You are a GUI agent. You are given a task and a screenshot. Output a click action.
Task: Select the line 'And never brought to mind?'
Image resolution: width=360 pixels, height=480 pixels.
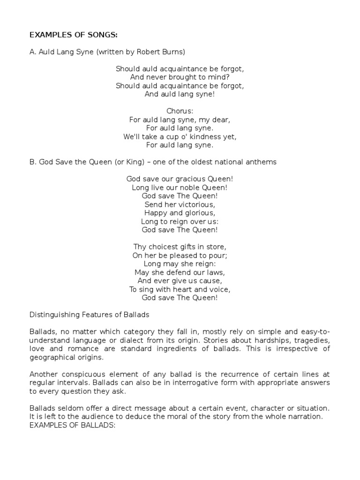180,77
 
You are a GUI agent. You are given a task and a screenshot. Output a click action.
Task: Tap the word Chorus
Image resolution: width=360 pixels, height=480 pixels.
180,111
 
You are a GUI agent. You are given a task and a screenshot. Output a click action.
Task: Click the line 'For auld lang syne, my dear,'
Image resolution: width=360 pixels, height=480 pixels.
180,120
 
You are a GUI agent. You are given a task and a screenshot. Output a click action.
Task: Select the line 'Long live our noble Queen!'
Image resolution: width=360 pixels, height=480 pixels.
180,187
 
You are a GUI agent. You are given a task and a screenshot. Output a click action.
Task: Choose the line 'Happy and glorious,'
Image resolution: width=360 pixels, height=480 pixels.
180,213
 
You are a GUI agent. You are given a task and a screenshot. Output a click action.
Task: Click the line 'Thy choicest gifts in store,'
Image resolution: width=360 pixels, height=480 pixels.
180,247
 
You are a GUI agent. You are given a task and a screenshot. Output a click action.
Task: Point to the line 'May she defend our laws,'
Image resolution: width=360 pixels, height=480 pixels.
180,272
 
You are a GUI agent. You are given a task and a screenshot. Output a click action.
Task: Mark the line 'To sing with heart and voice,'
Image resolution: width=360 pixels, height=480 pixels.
180,289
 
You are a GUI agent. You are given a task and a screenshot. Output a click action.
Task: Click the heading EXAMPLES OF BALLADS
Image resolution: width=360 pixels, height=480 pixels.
72,424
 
